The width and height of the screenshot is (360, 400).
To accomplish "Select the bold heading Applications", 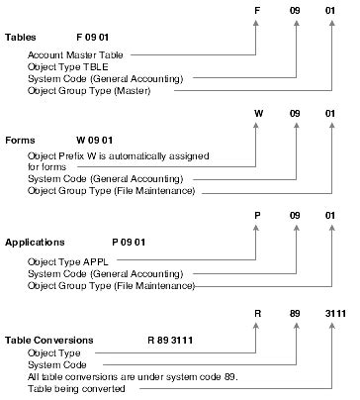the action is coord(38,242).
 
